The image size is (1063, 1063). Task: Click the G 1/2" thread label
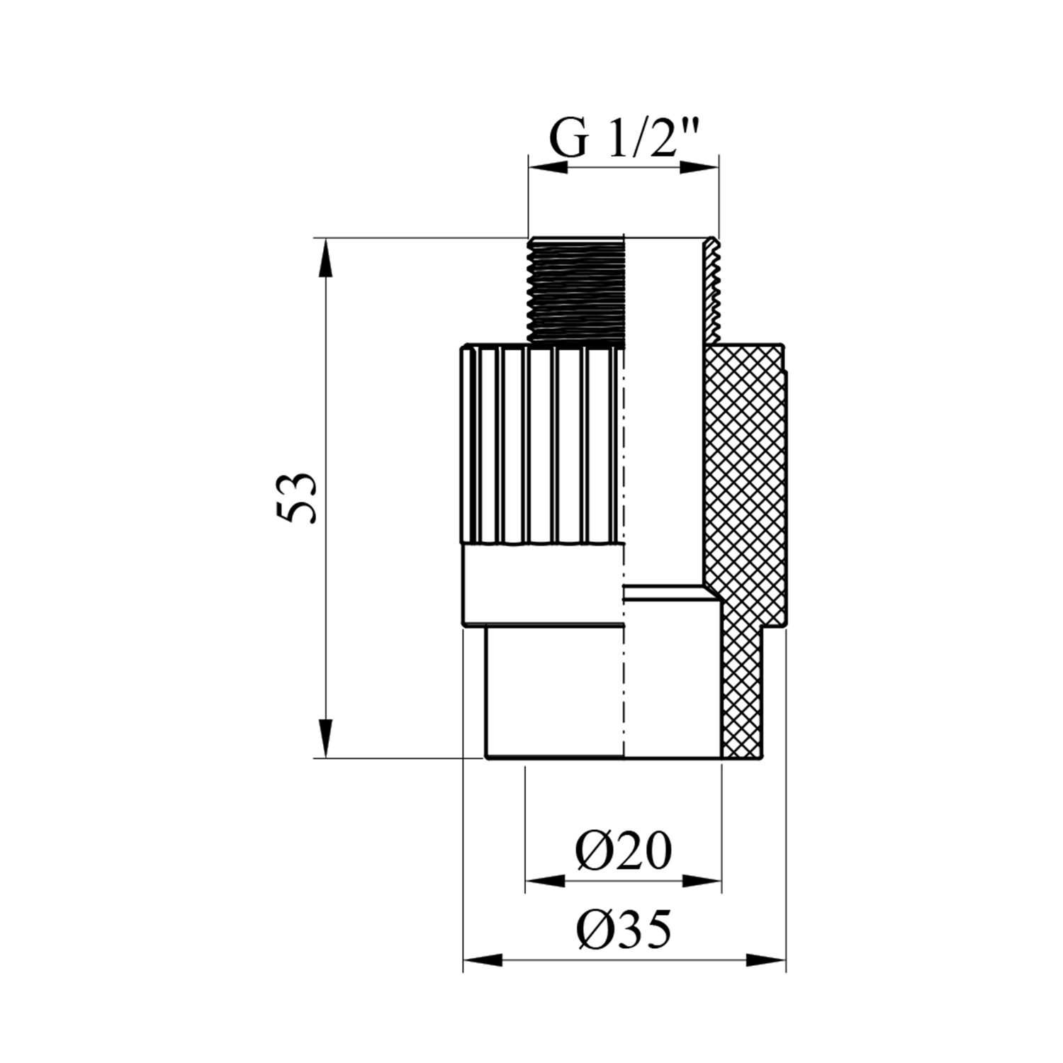tap(624, 140)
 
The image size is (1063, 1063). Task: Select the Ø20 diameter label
tap(623, 850)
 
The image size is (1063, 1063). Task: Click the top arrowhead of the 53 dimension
tap(325, 259)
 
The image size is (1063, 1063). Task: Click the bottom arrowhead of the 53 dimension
tap(325, 738)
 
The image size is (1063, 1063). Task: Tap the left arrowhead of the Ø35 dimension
tap(483, 961)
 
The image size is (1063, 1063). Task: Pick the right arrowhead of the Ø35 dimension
tap(766, 961)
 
